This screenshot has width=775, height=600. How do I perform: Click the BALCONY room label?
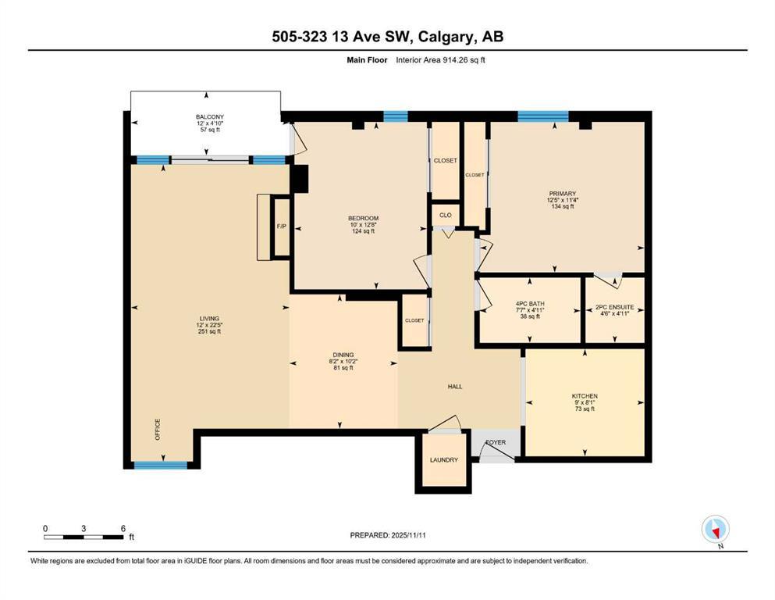pos(209,117)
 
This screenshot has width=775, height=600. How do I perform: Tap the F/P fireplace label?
pos(280,227)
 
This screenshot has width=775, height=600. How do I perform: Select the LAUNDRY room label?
pos(443,460)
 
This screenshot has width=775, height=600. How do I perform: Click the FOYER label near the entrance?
pos(496,442)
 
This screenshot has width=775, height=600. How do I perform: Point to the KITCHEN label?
pos(585,397)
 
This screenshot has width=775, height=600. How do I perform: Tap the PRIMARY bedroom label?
pos(562,194)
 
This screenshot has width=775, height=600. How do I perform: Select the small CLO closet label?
pos(445,215)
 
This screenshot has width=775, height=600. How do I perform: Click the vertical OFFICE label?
pos(157,430)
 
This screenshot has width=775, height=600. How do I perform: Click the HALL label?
pos(455,386)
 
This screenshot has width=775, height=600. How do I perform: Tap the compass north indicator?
pos(715,530)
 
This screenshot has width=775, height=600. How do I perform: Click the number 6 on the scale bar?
pos(123,529)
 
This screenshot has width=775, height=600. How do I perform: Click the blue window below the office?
pos(161,465)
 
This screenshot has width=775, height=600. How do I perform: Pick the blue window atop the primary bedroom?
pos(542,116)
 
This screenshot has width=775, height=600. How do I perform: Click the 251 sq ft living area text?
pos(209,331)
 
